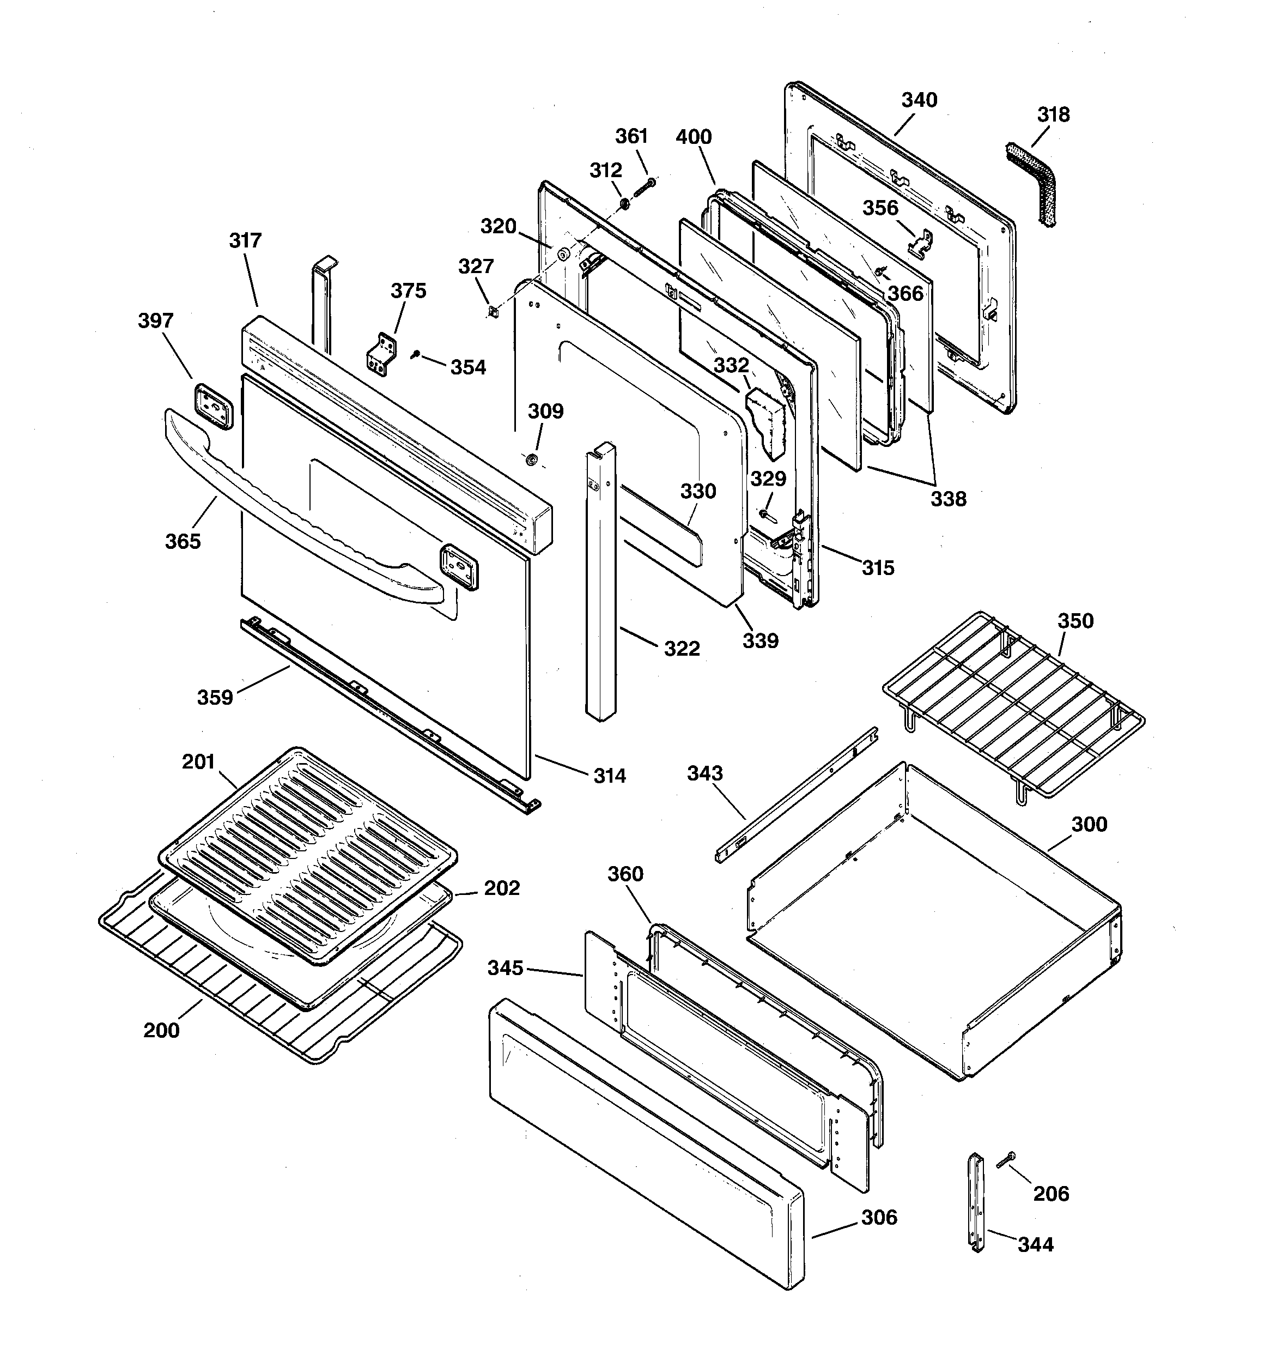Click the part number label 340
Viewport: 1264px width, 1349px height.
pos(919,100)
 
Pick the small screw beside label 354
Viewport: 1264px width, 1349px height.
pos(415,354)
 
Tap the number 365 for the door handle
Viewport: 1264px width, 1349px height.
pos(183,541)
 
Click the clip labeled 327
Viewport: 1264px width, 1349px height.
pos(493,311)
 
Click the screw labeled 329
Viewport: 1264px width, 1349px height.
pos(766,515)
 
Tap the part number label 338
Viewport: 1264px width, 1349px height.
pos(948,499)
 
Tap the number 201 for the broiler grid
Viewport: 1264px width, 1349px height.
pos(198,762)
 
